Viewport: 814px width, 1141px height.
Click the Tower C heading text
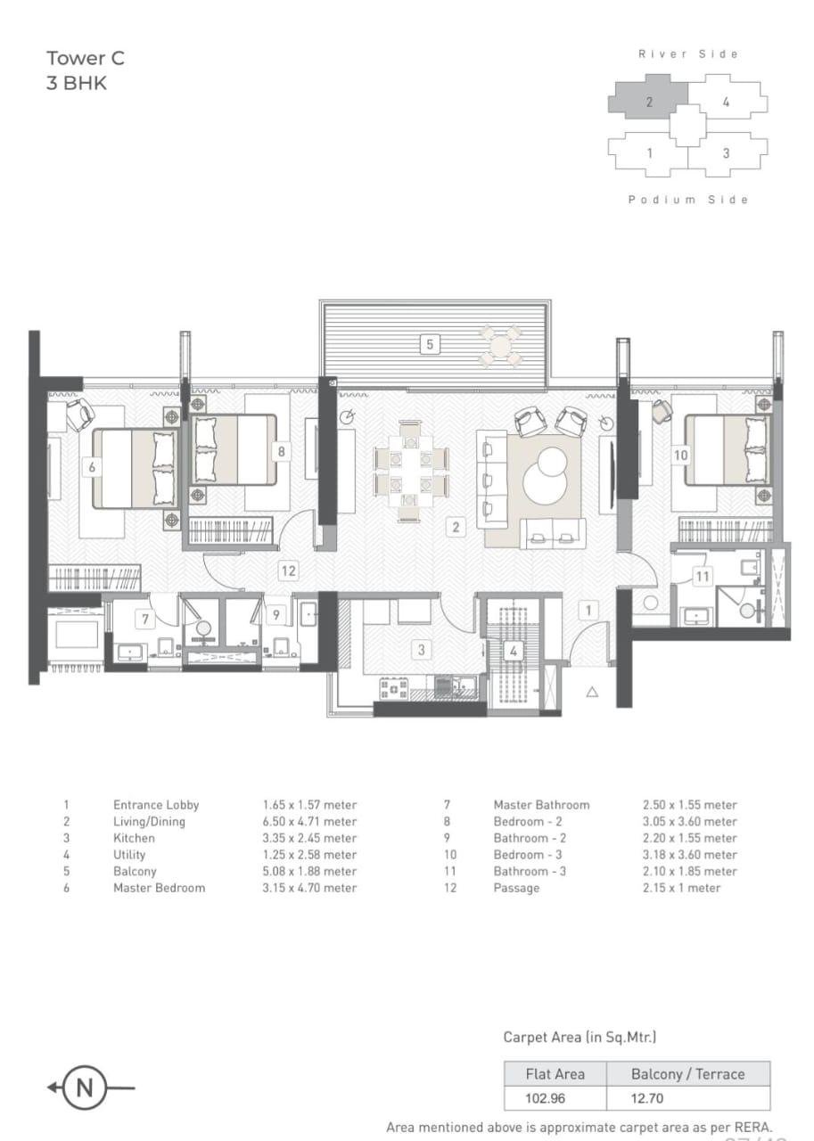(x=86, y=59)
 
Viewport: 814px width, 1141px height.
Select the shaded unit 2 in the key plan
(x=648, y=101)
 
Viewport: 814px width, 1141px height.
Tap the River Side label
(x=687, y=54)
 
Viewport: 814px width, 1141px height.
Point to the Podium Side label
(x=687, y=200)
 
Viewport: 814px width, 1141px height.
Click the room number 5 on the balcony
(x=430, y=344)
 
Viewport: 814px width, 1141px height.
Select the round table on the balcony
(x=501, y=345)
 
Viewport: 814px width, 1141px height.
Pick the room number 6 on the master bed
(x=91, y=466)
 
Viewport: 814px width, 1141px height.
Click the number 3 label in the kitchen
(x=422, y=650)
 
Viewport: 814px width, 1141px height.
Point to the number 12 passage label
(x=287, y=570)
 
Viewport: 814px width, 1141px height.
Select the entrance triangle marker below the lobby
(x=592, y=691)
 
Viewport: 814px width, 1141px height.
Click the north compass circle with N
(x=86, y=1088)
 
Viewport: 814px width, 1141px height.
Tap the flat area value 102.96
(x=545, y=1098)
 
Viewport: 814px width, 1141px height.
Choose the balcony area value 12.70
(x=646, y=1098)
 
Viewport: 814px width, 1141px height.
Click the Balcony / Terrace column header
(x=687, y=1074)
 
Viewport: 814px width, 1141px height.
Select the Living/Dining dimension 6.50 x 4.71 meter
(x=309, y=822)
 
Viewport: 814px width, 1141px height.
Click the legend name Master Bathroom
(x=541, y=805)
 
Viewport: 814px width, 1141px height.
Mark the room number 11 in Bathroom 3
(x=703, y=577)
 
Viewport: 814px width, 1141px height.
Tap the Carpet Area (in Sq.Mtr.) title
(x=580, y=1037)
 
